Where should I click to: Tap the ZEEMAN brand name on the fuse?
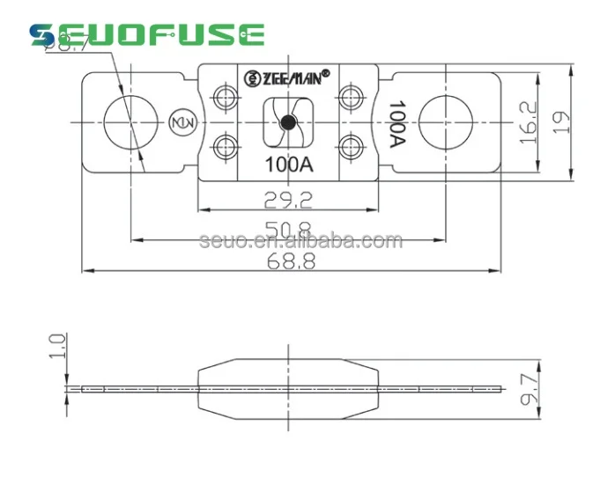coord(286,77)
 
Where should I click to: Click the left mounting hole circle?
coord(130,122)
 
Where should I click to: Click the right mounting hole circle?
coord(446,122)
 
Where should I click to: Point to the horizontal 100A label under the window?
coord(286,164)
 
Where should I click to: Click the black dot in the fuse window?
coord(286,123)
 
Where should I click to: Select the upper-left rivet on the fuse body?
coord(223,98)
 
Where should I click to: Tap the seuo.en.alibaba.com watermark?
coord(301,241)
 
